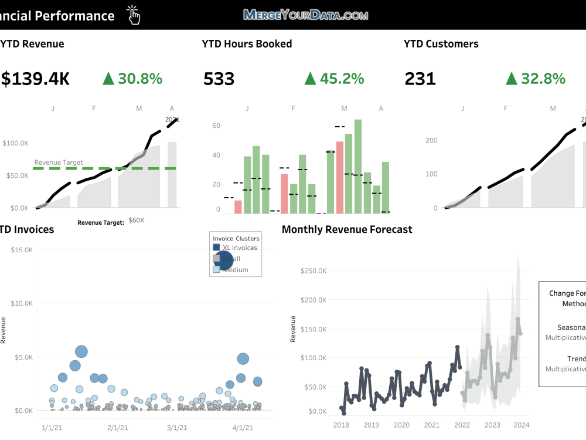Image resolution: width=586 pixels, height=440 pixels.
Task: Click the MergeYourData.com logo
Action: (x=305, y=15)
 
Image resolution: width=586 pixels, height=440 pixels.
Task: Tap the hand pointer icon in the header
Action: (x=134, y=15)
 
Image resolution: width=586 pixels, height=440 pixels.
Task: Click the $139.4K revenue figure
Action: (x=35, y=79)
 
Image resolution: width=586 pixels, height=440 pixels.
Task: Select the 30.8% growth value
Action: (x=132, y=79)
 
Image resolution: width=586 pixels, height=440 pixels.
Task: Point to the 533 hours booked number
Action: (x=219, y=79)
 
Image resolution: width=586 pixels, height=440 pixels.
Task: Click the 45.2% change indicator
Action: (x=334, y=79)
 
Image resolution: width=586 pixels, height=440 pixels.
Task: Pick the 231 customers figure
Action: (x=420, y=79)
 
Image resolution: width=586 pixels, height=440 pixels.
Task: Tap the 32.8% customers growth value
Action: (x=536, y=79)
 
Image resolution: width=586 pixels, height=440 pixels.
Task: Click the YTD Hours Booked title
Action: (x=247, y=44)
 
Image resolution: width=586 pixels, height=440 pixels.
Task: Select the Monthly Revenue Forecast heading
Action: (x=347, y=229)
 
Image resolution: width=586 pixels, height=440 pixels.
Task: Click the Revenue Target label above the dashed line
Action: (x=59, y=163)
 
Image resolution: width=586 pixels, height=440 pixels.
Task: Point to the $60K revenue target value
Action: (x=137, y=221)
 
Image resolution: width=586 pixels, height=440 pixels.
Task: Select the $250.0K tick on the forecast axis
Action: (x=314, y=271)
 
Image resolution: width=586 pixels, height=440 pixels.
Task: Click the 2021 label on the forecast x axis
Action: (x=432, y=425)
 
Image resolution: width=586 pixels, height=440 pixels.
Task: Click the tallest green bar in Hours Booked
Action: (x=357, y=166)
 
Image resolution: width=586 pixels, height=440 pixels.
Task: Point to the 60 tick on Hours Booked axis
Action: (x=216, y=126)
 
